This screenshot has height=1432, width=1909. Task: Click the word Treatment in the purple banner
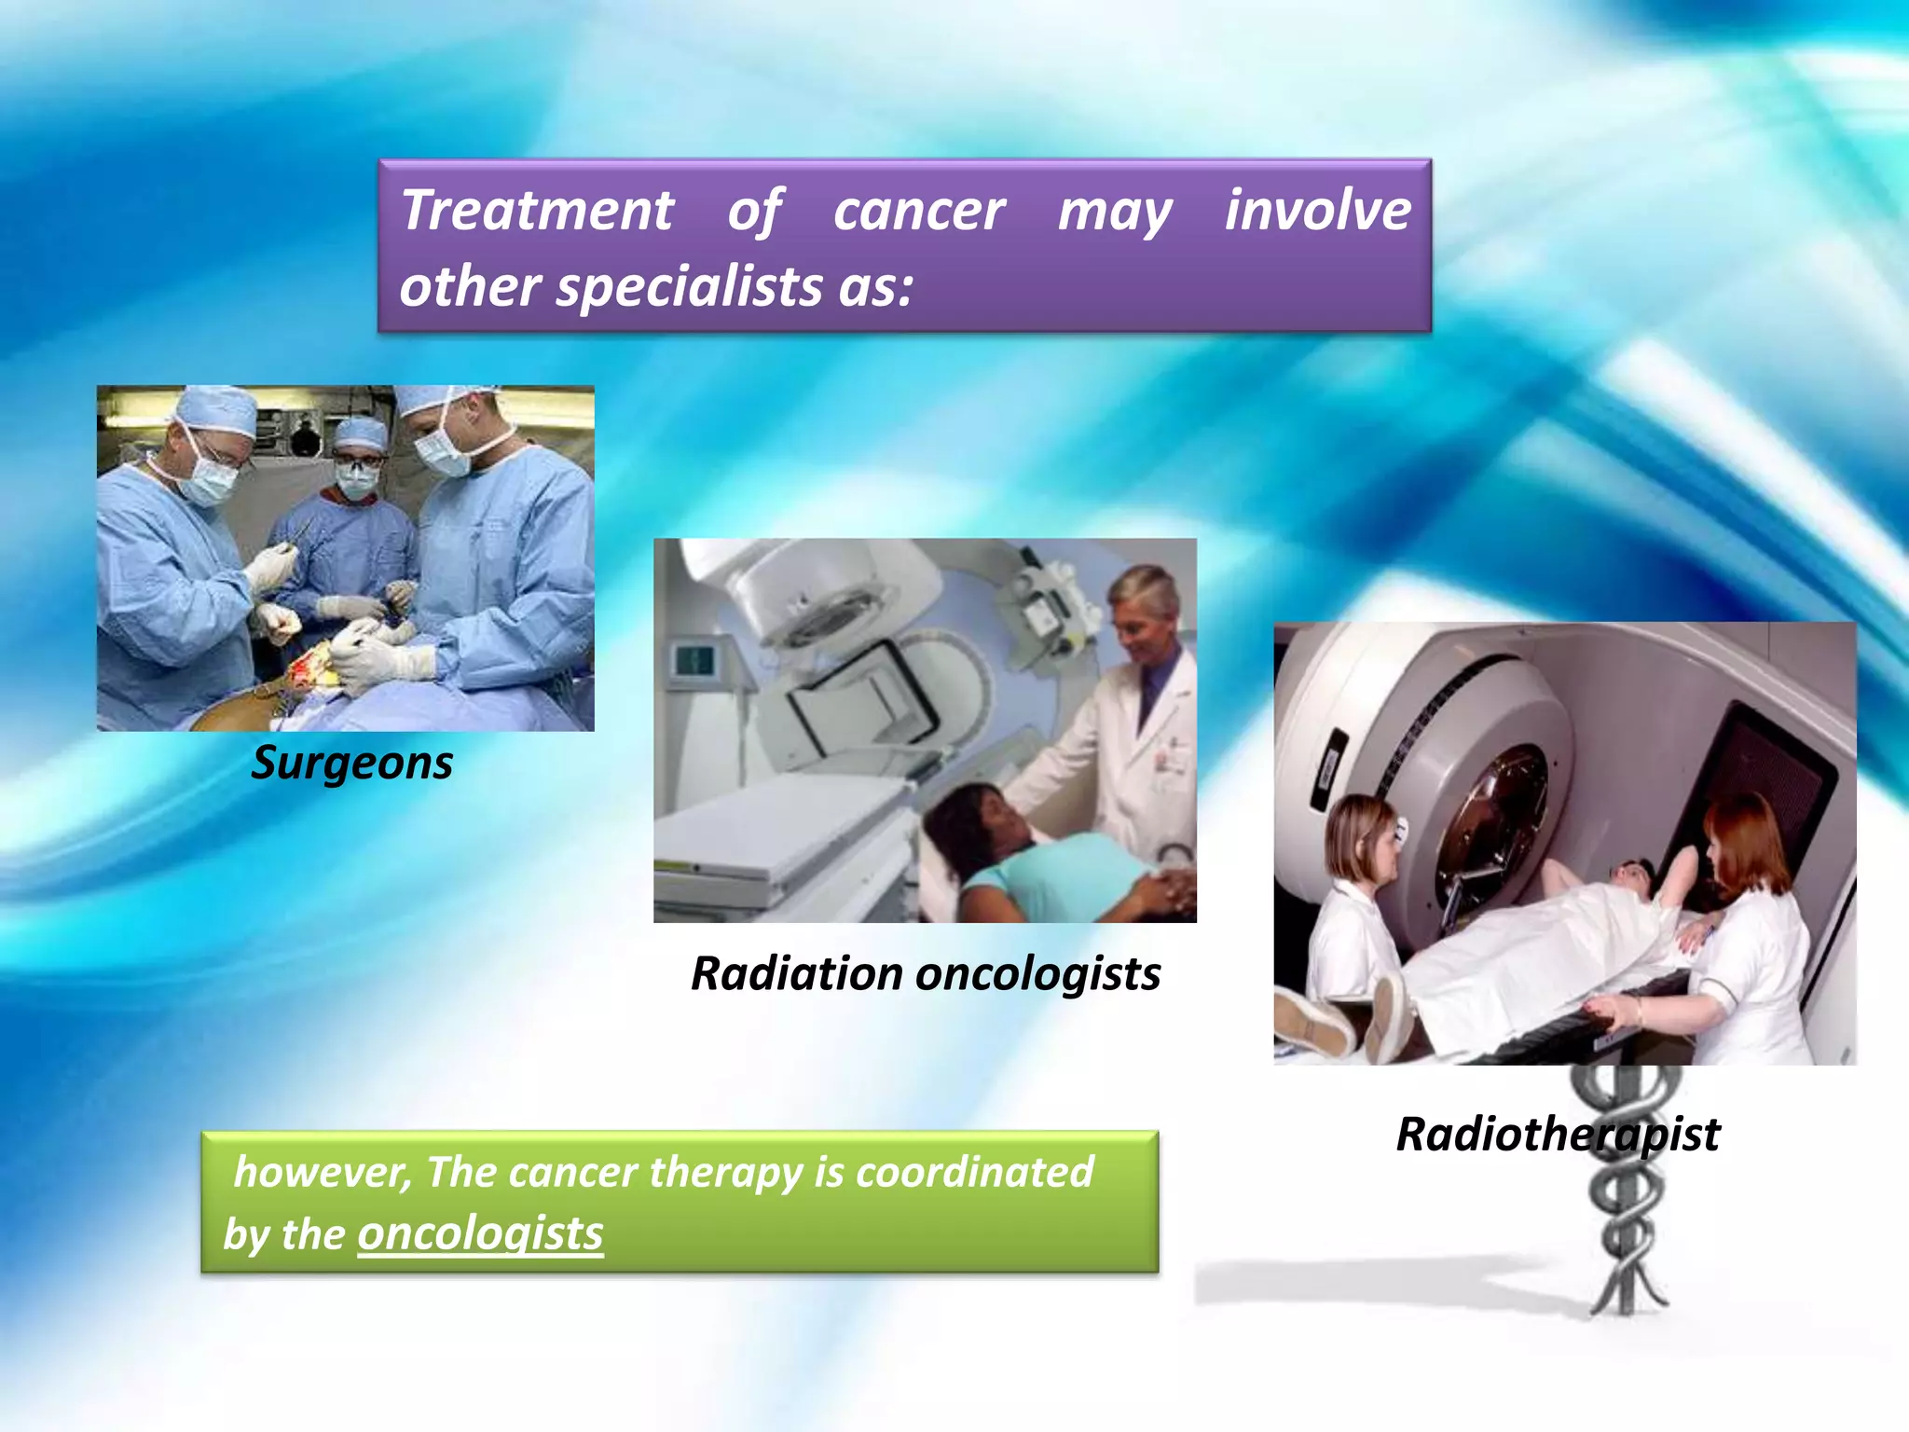[537, 211]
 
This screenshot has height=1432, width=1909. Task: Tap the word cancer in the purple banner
[918, 211]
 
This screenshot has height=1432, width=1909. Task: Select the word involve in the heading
[1317, 211]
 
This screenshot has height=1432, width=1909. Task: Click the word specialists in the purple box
[688, 286]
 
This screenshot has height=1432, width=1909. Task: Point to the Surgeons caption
[352, 763]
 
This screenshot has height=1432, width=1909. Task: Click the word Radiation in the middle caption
[795, 974]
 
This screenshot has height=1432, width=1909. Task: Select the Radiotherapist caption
[1557, 1135]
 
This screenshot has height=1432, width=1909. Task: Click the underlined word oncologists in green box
[480, 1233]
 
